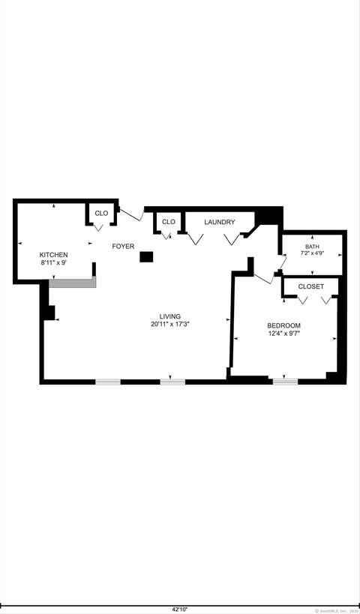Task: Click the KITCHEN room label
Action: [x=54, y=255]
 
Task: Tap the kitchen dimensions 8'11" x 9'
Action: [x=54, y=263]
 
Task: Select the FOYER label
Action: [x=123, y=246]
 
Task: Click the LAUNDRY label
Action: [x=220, y=222]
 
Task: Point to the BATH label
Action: [x=312, y=247]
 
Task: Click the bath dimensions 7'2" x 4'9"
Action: [x=312, y=253]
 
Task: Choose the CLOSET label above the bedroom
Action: [x=311, y=286]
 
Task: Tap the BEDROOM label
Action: [x=284, y=325]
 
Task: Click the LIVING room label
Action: [x=169, y=316]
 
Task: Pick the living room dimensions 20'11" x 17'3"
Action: [x=169, y=325]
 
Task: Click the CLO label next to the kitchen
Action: [x=101, y=213]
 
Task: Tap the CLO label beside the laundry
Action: [x=169, y=222]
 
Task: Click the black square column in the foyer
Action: [x=146, y=257]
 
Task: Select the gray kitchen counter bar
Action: [x=73, y=283]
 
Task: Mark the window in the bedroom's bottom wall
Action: [x=284, y=381]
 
